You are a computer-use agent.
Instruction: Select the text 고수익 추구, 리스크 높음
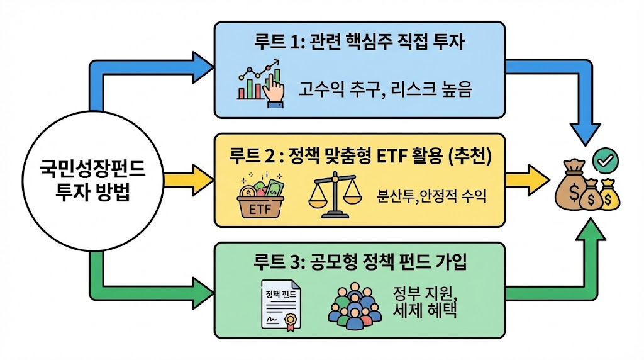pyautogui.click(x=385, y=91)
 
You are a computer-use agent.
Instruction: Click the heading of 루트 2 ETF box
pyautogui.click(x=360, y=154)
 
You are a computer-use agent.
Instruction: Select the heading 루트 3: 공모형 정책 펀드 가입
pyautogui.click(x=360, y=261)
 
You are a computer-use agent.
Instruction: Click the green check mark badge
pyautogui.click(x=605, y=162)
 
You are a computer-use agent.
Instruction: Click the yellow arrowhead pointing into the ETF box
pyautogui.click(x=203, y=180)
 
